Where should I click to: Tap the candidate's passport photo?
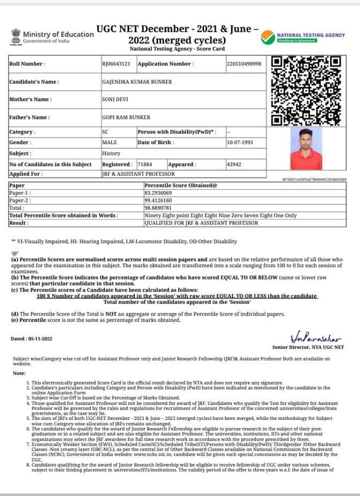tap(306, 149)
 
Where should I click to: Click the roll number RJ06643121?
tap(115, 64)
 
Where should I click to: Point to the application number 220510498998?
tap(244, 64)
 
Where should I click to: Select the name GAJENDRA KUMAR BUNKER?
tap(130, 82)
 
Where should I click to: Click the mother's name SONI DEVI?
tap(114, 100)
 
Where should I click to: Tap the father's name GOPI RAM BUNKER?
tap(126, 117)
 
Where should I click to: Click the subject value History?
tap(111, 153)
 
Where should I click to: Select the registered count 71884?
tap(145, 164)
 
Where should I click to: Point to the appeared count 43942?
tap(235, 164)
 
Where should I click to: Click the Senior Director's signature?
tap(316, 337)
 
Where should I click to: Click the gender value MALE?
tap(109, 142)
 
